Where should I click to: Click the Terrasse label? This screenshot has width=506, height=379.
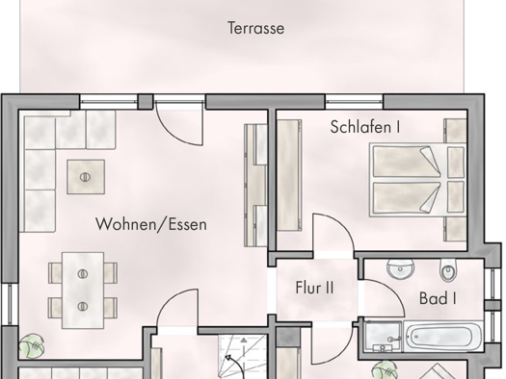pyautogui.click(x=256, y=28)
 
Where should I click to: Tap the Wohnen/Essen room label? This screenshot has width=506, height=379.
pyautogui.click(x=151, y=224)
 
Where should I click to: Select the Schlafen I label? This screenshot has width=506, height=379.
pyautogui.click(x=365, y=127)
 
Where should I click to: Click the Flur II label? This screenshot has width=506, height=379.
pyautogui.click(x=314, y=288)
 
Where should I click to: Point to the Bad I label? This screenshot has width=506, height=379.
pyautogui.click(x=438, y=298)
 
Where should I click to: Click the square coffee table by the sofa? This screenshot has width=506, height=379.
pyautogui.click(x=86, y=177)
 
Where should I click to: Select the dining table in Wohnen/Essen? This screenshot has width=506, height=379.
pyautogui.click(x=83, y=291)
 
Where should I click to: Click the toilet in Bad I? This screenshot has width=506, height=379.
pyautogui.click(x=448, y=270)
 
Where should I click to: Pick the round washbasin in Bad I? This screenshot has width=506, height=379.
pyautogui.click(x=401, y=269)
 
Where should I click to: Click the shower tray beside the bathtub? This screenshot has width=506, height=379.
pyautogui.click(x=383, y=337)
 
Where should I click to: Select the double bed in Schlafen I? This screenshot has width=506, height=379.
pyautogui.click(x=418, y=179)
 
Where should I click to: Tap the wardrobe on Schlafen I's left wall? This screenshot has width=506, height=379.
pyautogui.click(x=289, y=175)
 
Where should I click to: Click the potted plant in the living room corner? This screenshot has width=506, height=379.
pyautogui.click(x=32, y=346)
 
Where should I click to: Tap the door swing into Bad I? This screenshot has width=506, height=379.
pyautogui.click(x=392, y=290)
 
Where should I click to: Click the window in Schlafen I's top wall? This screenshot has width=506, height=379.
pyautogui.click(x=354, y=101)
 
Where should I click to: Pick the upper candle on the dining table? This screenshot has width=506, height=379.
pyautogui.click(x=83, y=274)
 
